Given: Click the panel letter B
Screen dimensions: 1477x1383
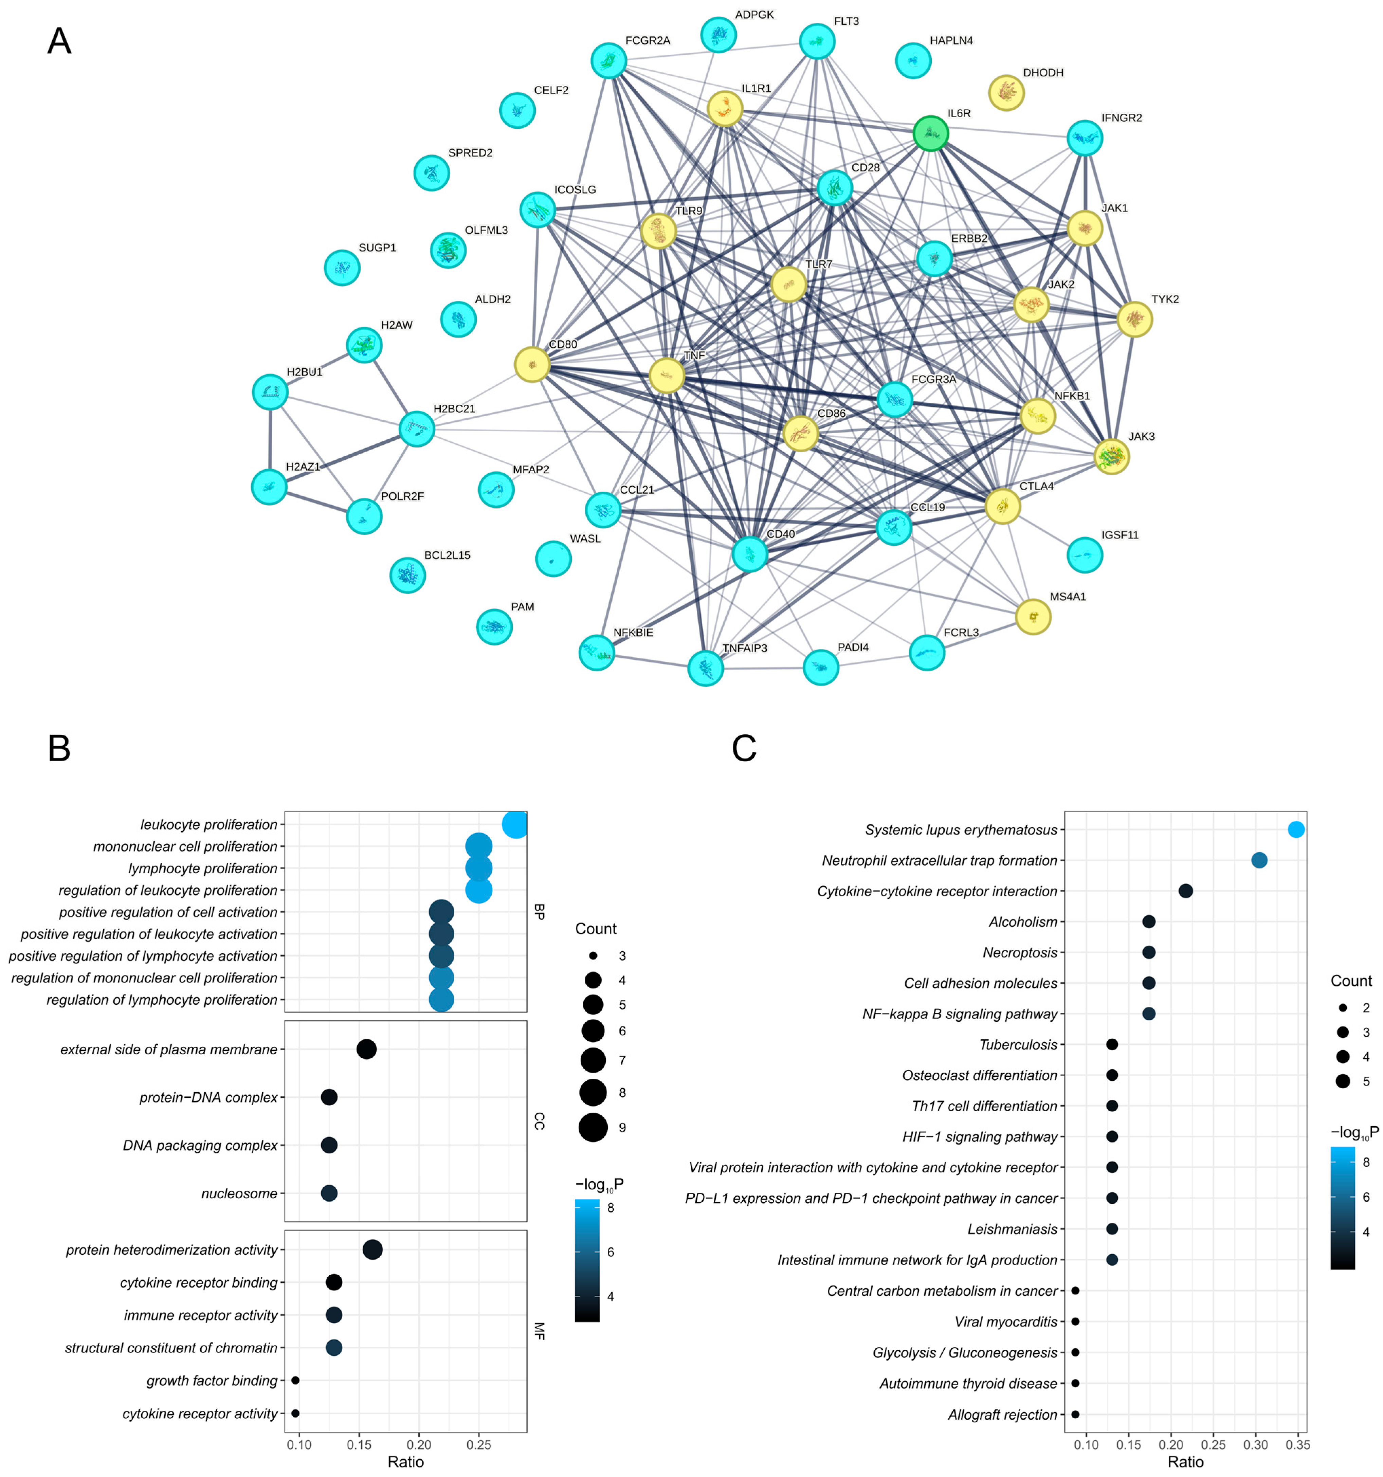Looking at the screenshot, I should [x=59, y=748].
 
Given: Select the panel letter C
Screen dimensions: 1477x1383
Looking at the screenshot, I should [x=744, y=748].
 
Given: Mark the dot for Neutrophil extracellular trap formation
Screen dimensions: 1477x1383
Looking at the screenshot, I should [x=1259, y=860].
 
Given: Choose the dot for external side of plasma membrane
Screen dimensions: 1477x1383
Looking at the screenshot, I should [x=366, y=1049].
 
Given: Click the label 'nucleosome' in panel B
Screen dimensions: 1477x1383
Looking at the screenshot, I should [x=239, y=1193].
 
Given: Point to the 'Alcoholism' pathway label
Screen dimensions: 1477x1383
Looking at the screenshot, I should [x=1023, y=922].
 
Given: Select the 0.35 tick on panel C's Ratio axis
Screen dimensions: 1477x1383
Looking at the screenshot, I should [x=1298, y=1445].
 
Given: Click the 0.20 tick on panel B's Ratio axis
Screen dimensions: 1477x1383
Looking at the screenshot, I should [x=419, y=1445].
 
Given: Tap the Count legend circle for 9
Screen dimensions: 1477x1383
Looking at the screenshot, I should [x=593, y=1127].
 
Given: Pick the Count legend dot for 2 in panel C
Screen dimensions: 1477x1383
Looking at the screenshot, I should [x=1343, y=1008].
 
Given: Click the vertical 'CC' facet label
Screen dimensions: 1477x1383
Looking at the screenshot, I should [x=540, y=1121].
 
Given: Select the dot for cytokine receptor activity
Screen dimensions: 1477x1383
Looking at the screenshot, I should [x=295, y=1414].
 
